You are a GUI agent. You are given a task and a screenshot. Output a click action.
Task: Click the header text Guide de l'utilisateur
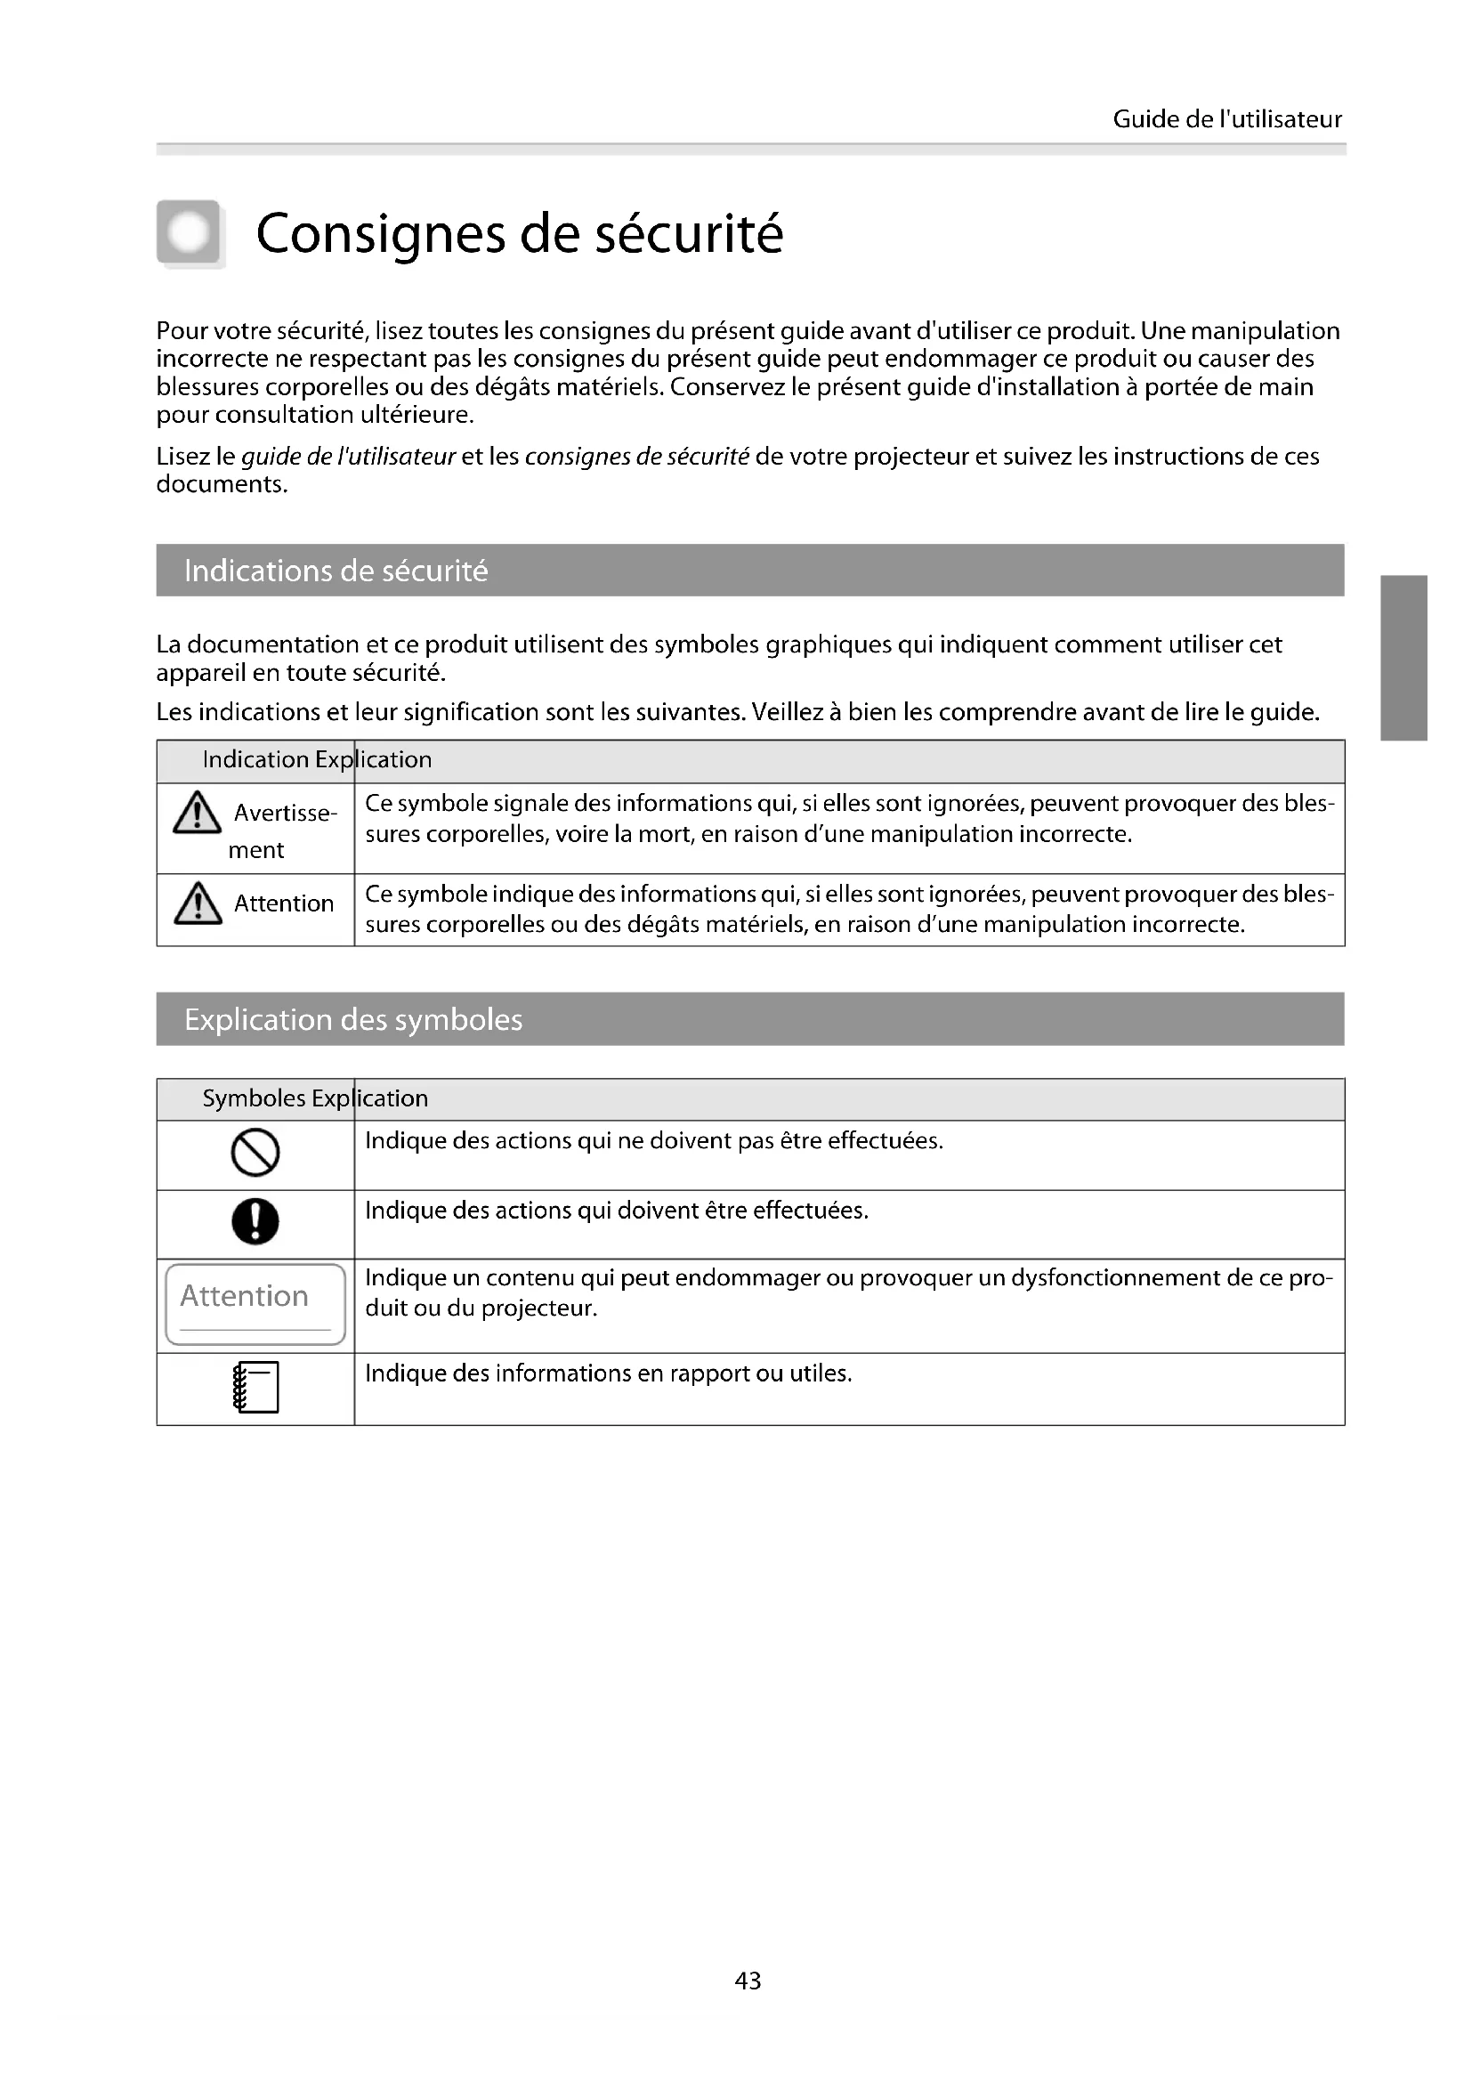pos(1226,119)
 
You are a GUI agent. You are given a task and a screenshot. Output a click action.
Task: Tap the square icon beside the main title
pos(190,233)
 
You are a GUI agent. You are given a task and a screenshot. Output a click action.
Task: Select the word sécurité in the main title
pos(688,234)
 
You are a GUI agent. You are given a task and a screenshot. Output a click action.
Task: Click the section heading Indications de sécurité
pos(336,571)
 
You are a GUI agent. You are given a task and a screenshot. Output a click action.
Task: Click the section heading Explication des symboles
pos(352,1019)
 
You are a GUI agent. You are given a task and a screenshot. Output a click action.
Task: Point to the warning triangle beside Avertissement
pos(197,813)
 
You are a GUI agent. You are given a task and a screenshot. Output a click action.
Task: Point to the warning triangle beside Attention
pos(197,903)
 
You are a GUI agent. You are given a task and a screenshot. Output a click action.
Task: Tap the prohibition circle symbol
pos(255,1153)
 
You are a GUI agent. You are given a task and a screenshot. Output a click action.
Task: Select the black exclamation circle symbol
pos(255,1221)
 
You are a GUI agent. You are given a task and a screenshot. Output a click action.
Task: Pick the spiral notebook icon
pos(255,1388)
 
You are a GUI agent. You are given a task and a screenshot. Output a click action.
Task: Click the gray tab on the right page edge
pos(1405,658)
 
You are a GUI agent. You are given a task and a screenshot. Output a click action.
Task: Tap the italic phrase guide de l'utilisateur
pos(348,456)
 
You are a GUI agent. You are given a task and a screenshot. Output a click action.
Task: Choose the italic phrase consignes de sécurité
pos(636,456)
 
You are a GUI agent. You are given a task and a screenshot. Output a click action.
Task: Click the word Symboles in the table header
pos(254,1098)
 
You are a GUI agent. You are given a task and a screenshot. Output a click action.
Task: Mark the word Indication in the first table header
pos(255,760)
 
